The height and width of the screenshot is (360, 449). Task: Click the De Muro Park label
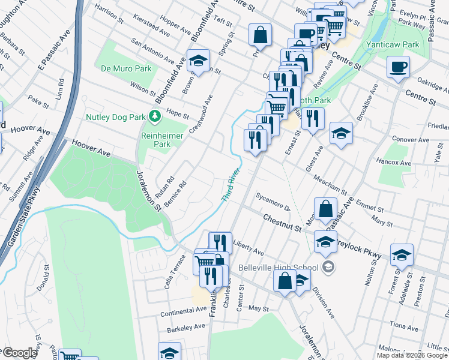pos(126,68)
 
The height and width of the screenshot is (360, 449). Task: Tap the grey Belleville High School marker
pos(328,266)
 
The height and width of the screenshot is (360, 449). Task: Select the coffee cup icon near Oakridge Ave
pos(398,67)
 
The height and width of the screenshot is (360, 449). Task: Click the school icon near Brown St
pos(197,61)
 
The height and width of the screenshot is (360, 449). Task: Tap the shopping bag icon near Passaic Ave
pos(325,209)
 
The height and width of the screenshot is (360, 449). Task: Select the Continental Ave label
pos(183,311)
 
